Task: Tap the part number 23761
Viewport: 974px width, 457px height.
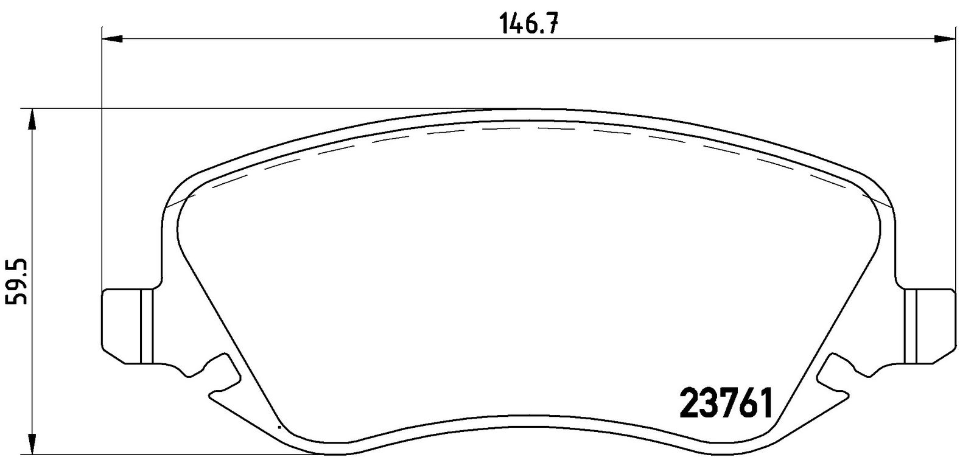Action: (726, 403)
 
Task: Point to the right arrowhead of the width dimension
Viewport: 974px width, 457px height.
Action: (944, 40)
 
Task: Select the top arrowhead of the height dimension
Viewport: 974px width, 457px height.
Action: (32, 120)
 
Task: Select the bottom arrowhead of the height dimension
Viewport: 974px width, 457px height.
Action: (32, 443)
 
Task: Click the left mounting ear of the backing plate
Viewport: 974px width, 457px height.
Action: (128, 326)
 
